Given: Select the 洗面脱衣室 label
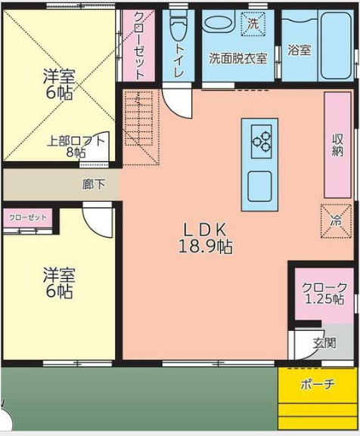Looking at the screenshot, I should tap(237, 57).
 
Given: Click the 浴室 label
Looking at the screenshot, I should tap(299, 51).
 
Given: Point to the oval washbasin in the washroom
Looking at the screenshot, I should tap(219, 23).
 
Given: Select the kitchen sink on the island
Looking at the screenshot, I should tap(259, 186).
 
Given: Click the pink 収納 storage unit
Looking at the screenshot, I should tap(338, 145).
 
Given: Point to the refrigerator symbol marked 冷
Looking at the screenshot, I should tap(336, 220).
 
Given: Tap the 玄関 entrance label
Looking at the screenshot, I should tap(324, 342).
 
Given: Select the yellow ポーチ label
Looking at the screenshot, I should tap(317, 385).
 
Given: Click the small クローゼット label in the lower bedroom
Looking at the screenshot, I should tap(27, 218).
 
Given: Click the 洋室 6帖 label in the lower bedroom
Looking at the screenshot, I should tap(57, 283).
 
